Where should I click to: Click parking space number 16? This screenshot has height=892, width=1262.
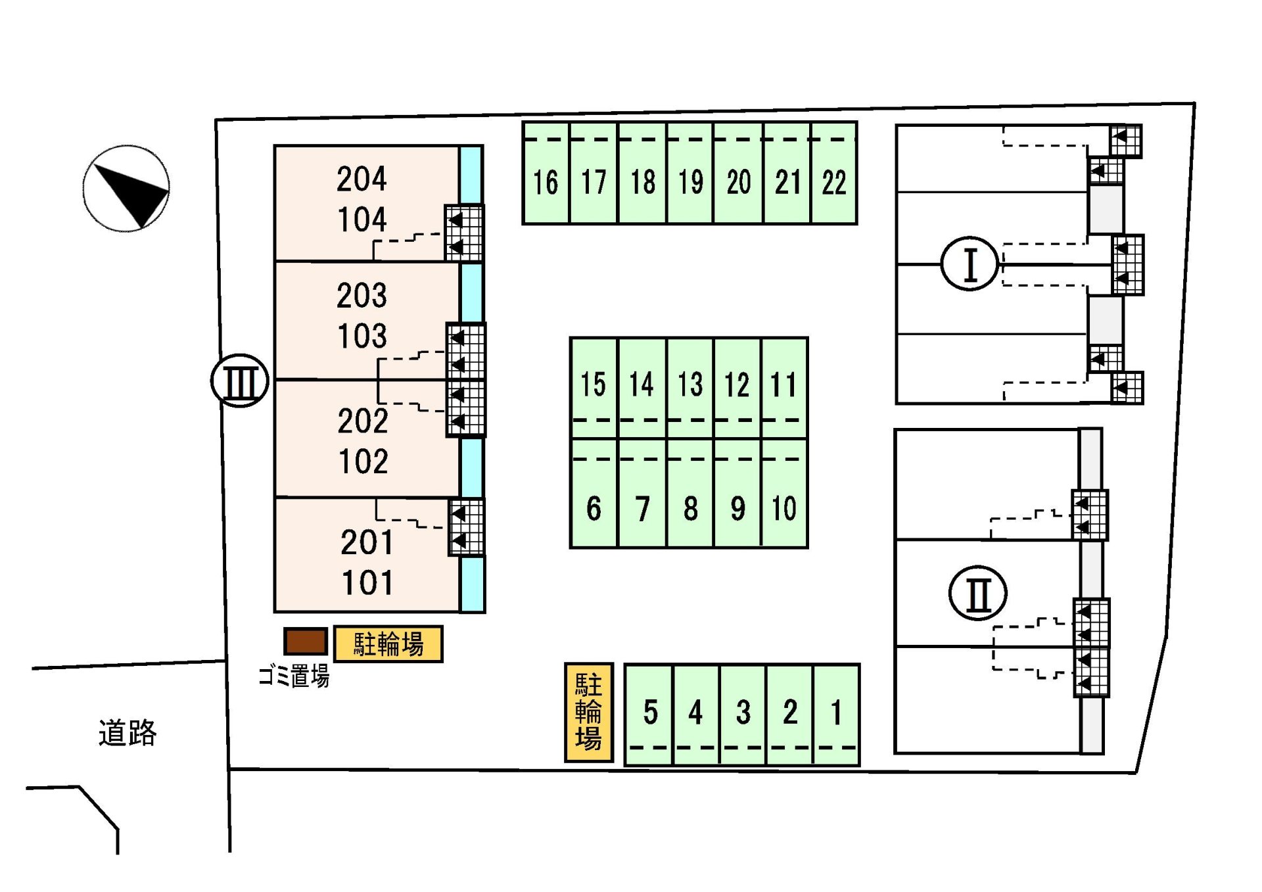click(546, 182)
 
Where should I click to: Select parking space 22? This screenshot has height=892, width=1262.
click(834, 182)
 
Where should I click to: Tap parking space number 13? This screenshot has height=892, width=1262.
click(690, 385)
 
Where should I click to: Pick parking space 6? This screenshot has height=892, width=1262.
click(594, 508)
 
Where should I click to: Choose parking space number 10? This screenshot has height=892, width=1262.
click(783, 508)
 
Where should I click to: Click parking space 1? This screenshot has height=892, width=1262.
click(836, 712)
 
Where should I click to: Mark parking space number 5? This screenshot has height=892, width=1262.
click(650, 712)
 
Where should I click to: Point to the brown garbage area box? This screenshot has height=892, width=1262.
click(306, 641)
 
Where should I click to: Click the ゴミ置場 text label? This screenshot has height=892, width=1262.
click(293, 675)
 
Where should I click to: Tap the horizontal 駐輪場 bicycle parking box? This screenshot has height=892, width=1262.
click(388, 644)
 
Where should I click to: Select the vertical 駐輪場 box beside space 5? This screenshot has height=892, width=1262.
click(588, 712)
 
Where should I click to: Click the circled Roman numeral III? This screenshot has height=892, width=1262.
click(240, 381)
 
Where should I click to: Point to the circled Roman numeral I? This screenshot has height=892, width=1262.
click(970, 264)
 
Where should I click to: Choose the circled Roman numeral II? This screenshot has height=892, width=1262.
click(978, 593)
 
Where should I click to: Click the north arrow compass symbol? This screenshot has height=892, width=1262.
click(126, 189)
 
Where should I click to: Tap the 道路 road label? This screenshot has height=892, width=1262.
click(128, 732)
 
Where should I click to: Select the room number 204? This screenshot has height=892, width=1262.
click(362, 179)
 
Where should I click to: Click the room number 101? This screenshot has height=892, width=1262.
click(367, 582)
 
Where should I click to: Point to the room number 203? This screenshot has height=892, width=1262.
click(362, 295)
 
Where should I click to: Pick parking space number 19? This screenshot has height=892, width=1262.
click(690, 182)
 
